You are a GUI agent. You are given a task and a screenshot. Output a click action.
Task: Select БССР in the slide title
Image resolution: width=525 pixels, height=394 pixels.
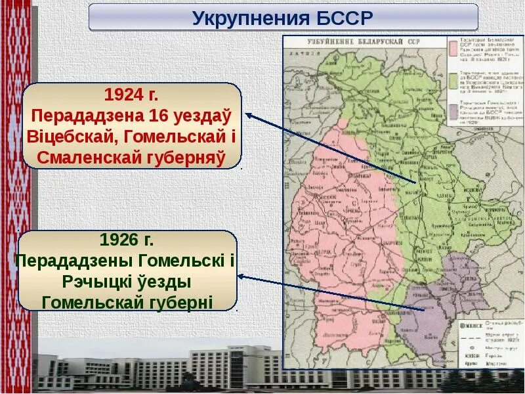tap(341, 18)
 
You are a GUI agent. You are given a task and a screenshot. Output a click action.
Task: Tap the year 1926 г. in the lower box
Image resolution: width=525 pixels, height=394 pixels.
tap(127, 239)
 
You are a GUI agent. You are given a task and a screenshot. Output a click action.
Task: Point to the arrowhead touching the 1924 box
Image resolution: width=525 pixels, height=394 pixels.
tap(249, 114)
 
